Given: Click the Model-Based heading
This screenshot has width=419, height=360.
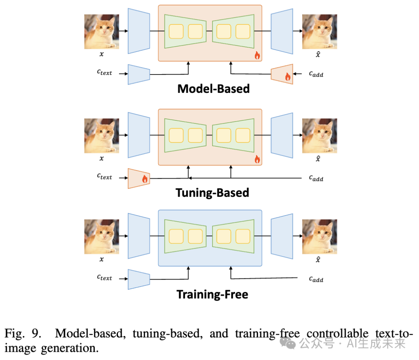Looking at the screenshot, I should coord(213,89).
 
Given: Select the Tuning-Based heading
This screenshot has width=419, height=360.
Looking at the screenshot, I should coord(212,193).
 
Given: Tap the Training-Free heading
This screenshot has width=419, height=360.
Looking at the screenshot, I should coord(212,294).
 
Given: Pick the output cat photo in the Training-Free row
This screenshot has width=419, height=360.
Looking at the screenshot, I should coord(319,237).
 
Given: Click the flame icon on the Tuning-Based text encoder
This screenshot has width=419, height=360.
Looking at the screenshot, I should coord(145,179).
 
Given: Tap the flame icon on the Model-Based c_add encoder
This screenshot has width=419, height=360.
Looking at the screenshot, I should coord(287,77).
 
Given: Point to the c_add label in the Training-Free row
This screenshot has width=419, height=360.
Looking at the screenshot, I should coord(316,279).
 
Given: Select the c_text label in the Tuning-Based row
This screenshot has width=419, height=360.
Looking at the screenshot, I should coord(104,176).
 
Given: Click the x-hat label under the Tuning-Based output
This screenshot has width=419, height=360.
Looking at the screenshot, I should coord(318,158).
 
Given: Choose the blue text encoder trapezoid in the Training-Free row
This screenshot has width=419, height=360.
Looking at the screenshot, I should coord(139,279).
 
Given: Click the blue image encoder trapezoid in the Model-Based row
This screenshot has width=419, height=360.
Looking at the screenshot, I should coord(139,31).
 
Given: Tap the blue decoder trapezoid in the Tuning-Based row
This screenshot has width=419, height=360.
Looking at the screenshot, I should coord(282,135).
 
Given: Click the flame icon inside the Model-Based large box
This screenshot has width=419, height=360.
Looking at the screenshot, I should coord(257,56).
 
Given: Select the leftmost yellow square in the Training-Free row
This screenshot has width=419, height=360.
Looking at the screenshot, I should coord(176,237).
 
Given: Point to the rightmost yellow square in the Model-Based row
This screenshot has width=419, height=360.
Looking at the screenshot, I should coord(243,31).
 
